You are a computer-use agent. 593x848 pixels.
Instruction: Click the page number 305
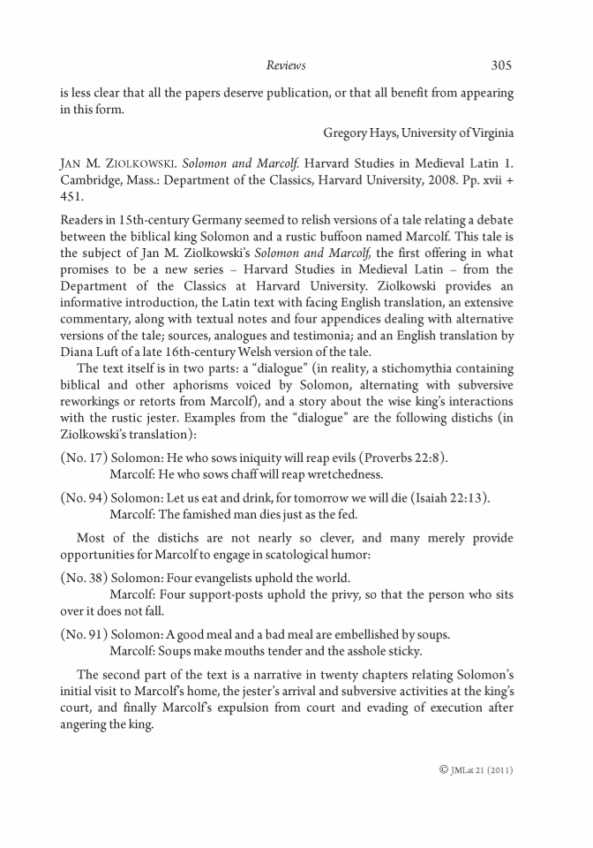point(500,64)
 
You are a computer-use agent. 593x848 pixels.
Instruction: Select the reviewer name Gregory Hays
point(357,133)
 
